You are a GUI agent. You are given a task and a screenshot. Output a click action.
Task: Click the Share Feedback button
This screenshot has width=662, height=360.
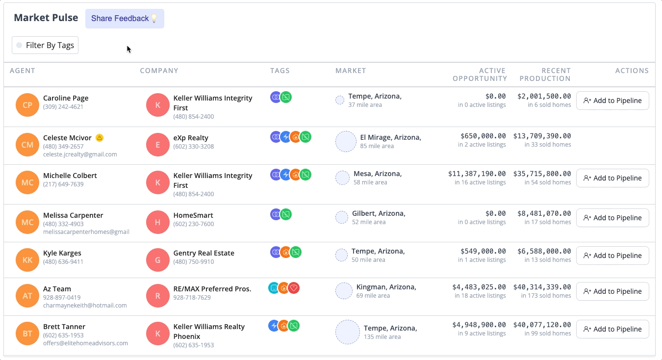pos(125,19)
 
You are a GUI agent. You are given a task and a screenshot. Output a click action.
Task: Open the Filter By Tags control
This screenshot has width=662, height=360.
pos(45,45)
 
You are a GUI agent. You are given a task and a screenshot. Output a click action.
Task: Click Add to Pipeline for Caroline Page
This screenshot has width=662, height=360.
pos(612,101)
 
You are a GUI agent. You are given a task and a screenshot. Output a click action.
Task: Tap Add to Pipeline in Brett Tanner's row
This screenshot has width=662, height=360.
pos(612,329)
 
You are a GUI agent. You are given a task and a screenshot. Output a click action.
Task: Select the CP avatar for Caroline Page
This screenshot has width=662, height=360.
pos(27,105)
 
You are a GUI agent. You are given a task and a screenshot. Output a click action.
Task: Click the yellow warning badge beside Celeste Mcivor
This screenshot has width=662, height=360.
pos(100,138)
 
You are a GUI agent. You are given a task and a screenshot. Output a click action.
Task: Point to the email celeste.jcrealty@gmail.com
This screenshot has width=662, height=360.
pos(80,154)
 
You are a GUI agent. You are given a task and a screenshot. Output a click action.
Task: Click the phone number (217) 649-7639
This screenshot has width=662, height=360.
pos(63,184)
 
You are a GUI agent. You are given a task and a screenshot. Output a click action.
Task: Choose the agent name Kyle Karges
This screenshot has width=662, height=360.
pos(62,253)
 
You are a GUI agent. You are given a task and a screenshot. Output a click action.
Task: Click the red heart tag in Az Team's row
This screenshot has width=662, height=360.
pos(294,288)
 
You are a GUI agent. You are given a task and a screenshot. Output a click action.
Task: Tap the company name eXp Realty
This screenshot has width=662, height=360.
pos(191,138)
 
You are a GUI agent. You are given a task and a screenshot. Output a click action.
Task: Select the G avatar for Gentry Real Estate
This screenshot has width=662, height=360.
pos(158,260)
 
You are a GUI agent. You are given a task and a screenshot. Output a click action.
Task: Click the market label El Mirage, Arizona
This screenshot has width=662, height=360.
pos(390,137)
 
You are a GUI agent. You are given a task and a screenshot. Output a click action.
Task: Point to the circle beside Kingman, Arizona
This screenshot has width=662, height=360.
pos(344,291)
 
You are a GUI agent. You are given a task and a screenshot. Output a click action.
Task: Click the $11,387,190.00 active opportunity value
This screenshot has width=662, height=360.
pos(477,174)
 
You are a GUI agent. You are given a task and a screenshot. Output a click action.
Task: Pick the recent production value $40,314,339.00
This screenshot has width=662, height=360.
pos(542,287)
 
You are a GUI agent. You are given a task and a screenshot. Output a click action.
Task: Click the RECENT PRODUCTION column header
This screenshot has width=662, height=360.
pos(545,75)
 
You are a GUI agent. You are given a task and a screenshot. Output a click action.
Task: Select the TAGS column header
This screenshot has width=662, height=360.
pos(280,71)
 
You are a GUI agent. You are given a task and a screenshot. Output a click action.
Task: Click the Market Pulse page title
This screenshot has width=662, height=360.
pos(46,18)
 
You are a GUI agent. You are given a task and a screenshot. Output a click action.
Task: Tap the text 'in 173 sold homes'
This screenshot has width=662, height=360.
pos(546,296)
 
